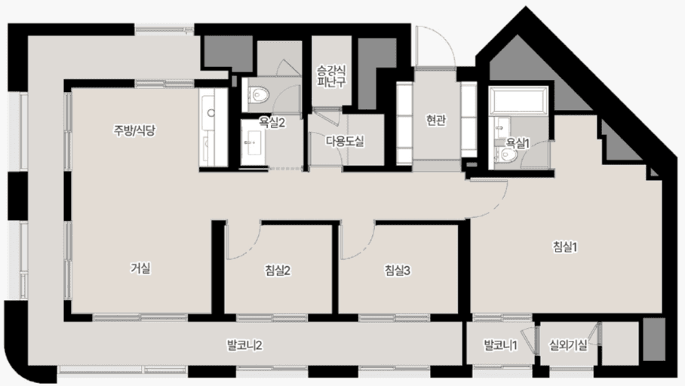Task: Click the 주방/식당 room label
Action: coord(134,130)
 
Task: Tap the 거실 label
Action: coord(140,267)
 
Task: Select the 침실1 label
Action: coord(565,247)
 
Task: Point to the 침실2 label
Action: coord(278,271)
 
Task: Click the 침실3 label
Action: coord(397,271)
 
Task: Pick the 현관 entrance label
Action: coord(435,120)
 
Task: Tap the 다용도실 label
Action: coord(345,140)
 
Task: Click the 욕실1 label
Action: coord(517,142)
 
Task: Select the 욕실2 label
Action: coord(272,121)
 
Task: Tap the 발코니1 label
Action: coord(500,346)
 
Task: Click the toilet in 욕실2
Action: coord(259,96)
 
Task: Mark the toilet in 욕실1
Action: coord(507,155)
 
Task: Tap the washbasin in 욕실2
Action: coord(252,140)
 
